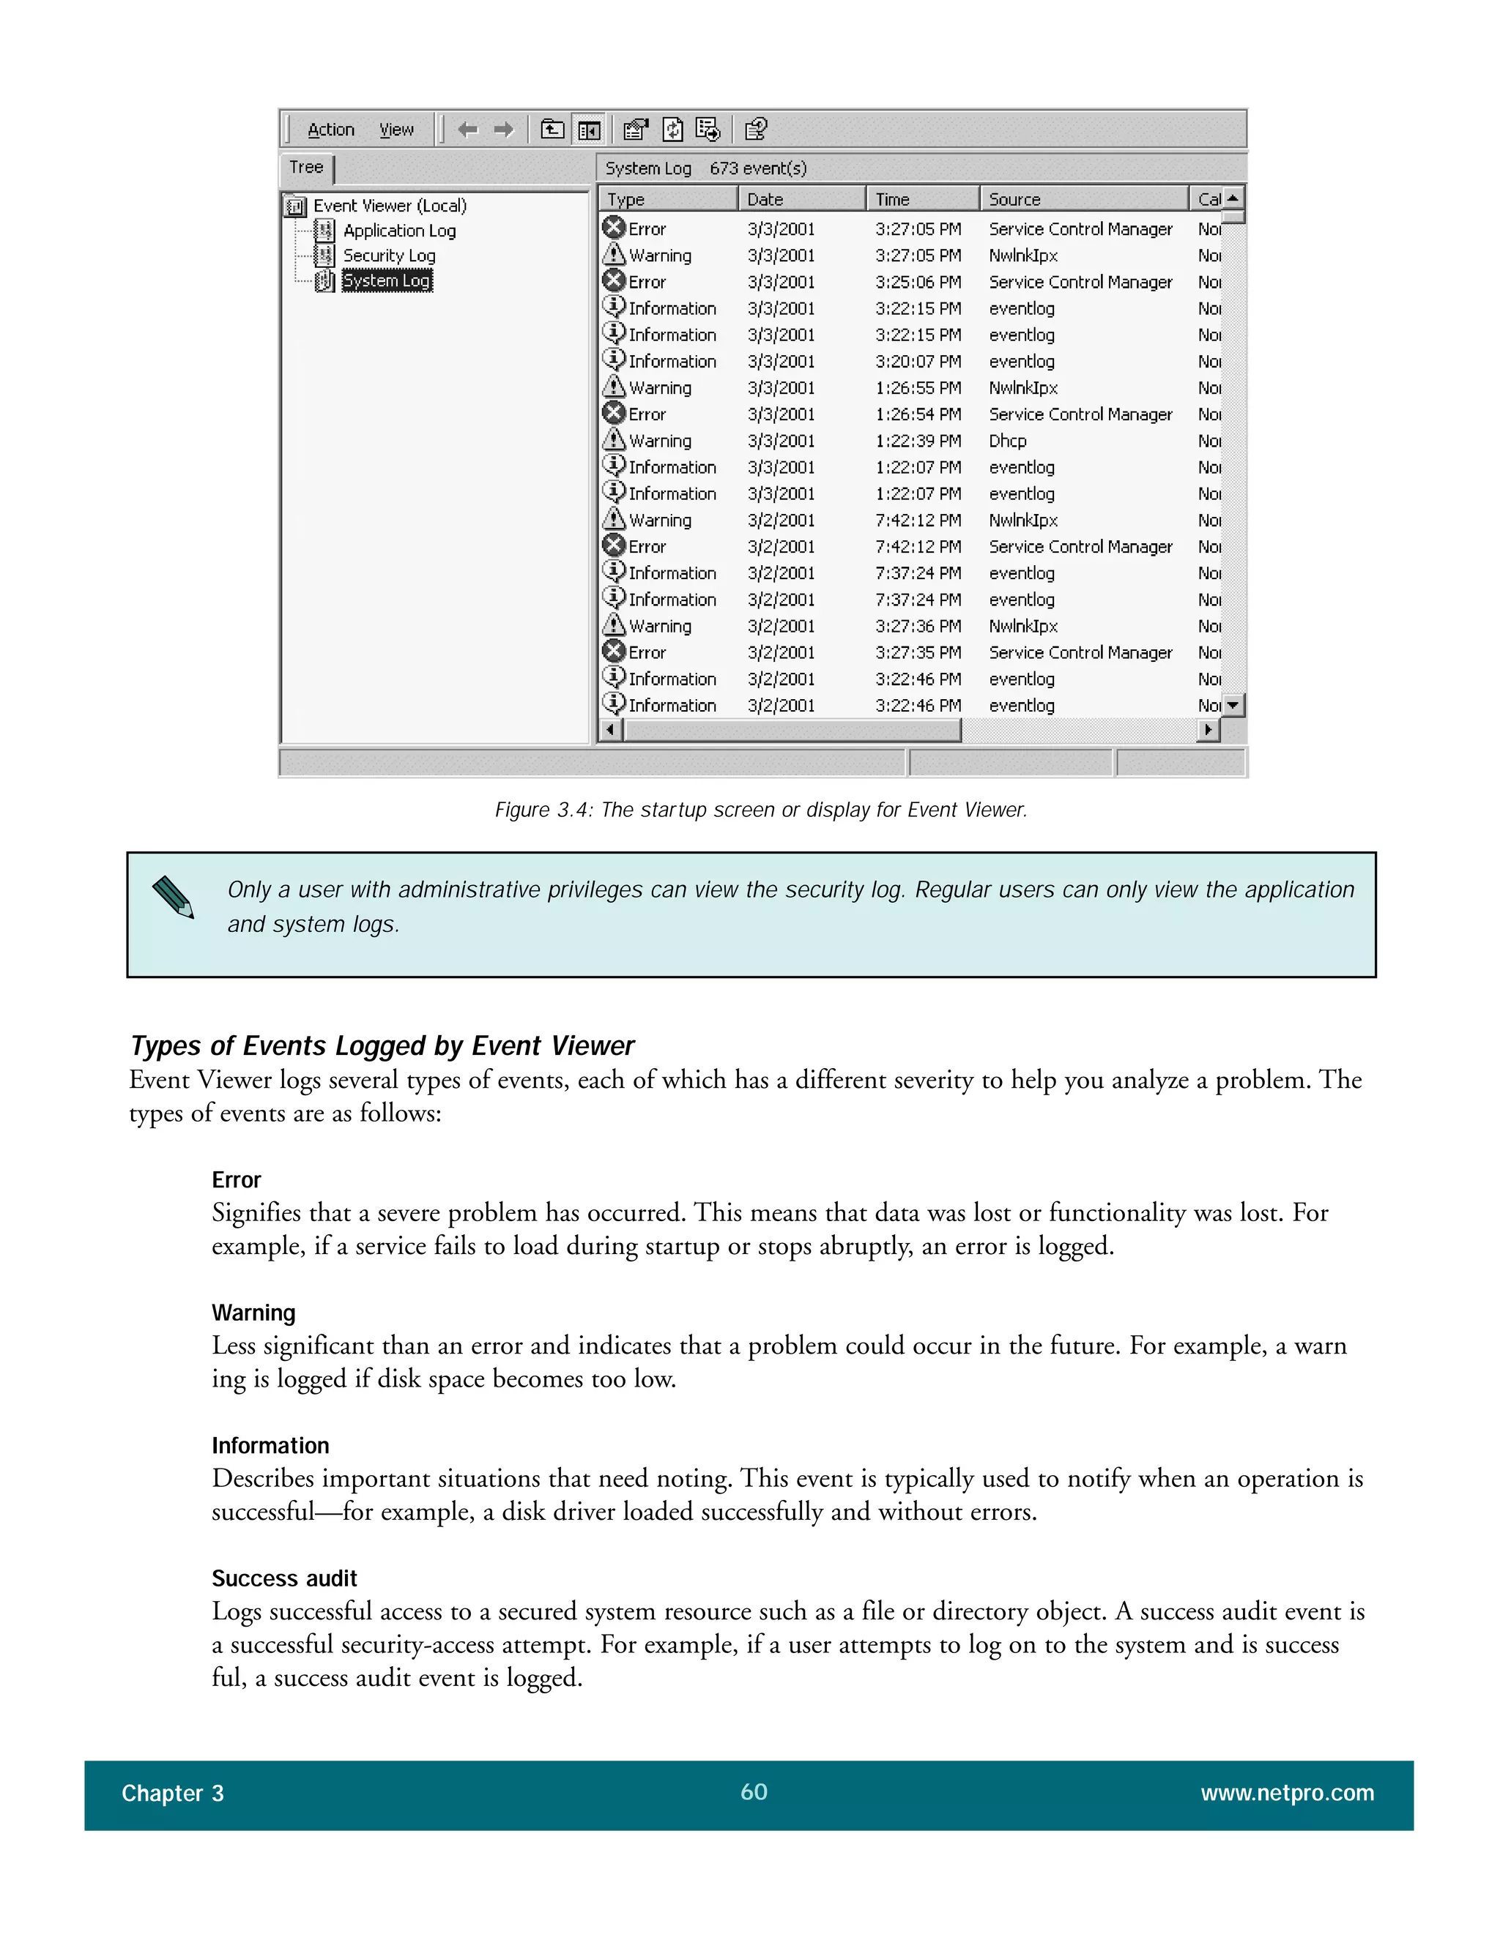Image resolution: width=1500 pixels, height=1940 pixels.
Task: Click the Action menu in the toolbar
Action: pyautogui.click(x=330, y=130)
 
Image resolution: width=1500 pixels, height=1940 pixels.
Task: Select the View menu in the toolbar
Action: pyautogui.click(x=396, y=130)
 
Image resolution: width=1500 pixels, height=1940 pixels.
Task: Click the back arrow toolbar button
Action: pyautogui.click(x=467, y=130)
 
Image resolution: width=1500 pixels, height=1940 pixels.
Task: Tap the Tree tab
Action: pyautogui.click(x=307, y=167)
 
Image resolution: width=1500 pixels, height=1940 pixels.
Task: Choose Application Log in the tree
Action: pyautogui.click(x=399, y=231)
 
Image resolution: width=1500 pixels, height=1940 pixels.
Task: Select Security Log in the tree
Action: pyautogui.click(x=389, y=255)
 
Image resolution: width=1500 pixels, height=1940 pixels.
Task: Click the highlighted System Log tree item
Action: pyautogui.click(x=387, y=280)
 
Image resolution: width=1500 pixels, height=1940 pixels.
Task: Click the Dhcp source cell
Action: pyautogui.click(x=1008, y=441)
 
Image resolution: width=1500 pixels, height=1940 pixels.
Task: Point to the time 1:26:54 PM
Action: pyautogui.click(x=918, y=415)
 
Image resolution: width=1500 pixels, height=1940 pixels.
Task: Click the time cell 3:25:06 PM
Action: pyautogui.click(x=918, y=283)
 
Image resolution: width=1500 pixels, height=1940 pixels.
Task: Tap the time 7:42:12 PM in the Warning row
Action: pyautogui.click(x=918, y=521)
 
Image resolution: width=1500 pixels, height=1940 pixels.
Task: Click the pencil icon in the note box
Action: pyautogui.click(x=174, y=898)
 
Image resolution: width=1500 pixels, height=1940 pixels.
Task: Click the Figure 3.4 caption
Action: pyautogui.click(x=761, y=810)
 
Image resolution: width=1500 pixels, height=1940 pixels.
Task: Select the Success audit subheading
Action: pyautogui.click(x=284, y=1578)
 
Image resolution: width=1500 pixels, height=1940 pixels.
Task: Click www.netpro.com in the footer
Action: pyautogui.click(x=1287, y=1794)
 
